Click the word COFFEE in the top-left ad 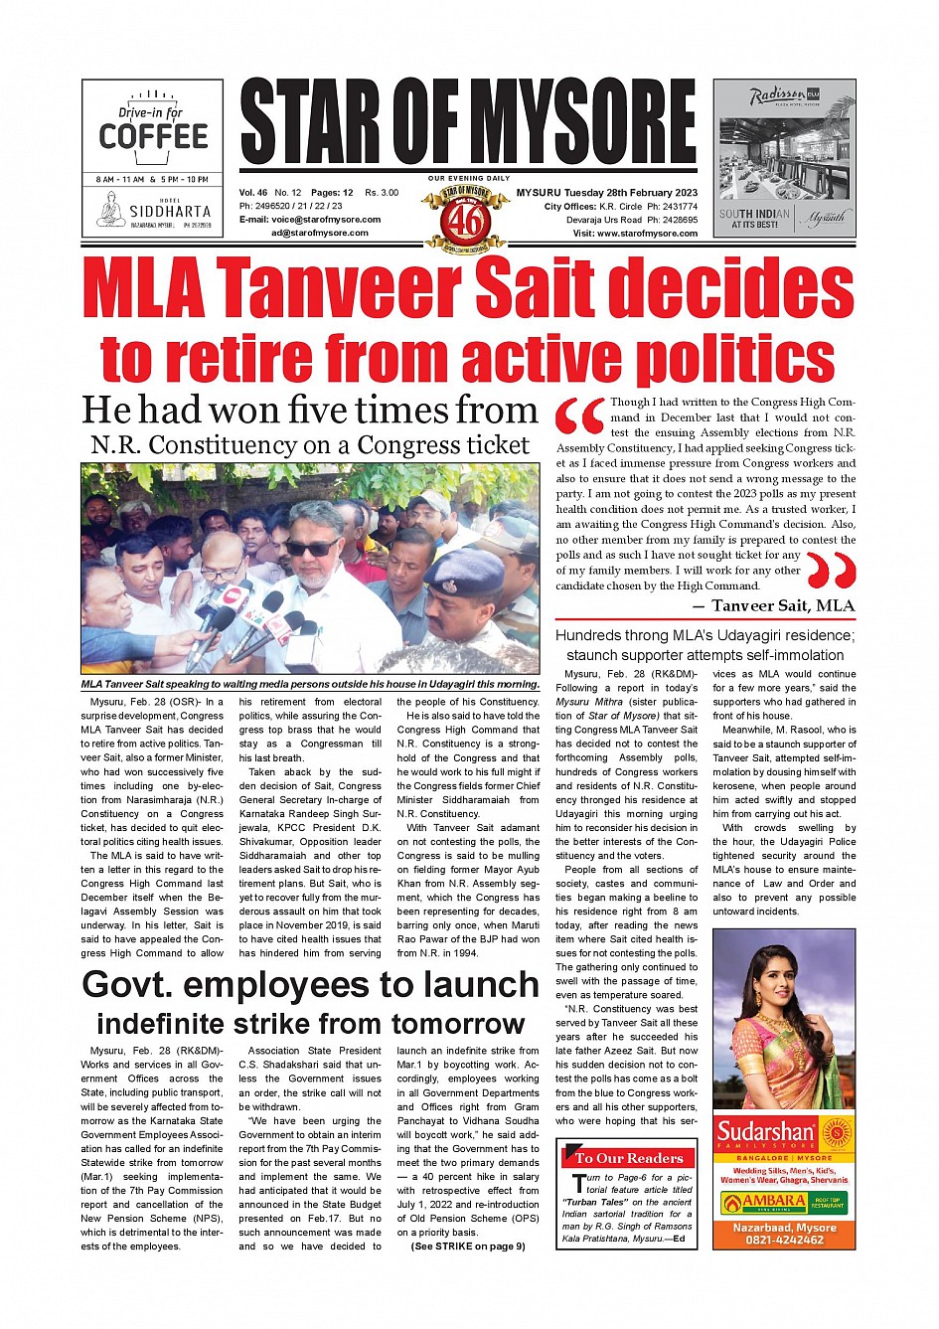pyautogui.click(x=153, y=136)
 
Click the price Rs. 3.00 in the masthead pyautogui.click(x=382, y=193)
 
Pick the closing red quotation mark pyautogui.click(x=831, y=571)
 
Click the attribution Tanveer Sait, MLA pyautogui.click(x=782, y=605)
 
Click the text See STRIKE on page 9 pyautogui.click(x=468, y=1246)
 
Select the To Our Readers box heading pyautogui.click(x=628, y=1158)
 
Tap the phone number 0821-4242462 pyautogui.click(x=785, y=1240)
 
